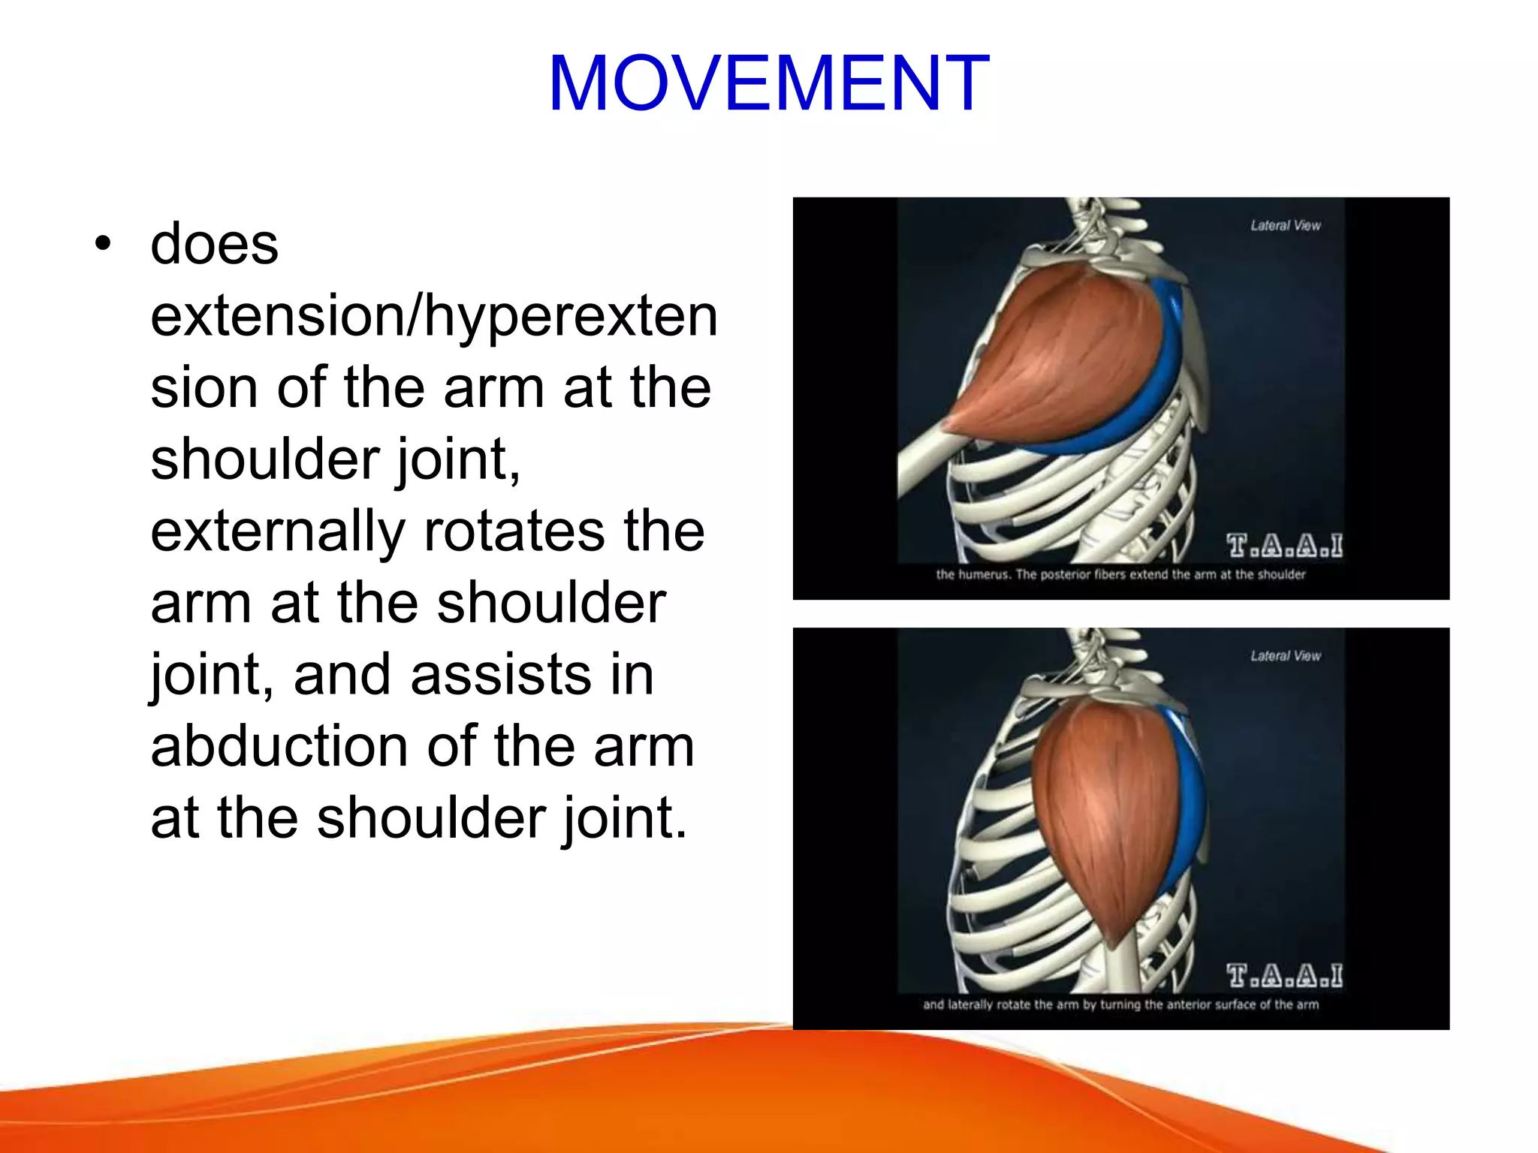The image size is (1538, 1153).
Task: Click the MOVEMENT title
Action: tap(768, 83)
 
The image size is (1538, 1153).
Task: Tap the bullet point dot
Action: tap(103, 243)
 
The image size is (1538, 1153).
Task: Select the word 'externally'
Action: tap(277, 531)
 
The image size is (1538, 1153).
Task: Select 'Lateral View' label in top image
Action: tap(1285, 225)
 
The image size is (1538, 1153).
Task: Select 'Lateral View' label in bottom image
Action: tap(1285, 655)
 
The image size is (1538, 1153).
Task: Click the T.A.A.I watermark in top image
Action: tap(1284, 545)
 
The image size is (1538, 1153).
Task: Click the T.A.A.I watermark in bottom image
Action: tap(1284, 975)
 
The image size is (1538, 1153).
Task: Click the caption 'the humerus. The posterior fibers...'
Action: tap(1120, 574)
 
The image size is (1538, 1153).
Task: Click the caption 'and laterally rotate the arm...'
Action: tap(1120, 1004)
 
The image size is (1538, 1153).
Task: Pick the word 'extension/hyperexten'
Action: tap(434, 317)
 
